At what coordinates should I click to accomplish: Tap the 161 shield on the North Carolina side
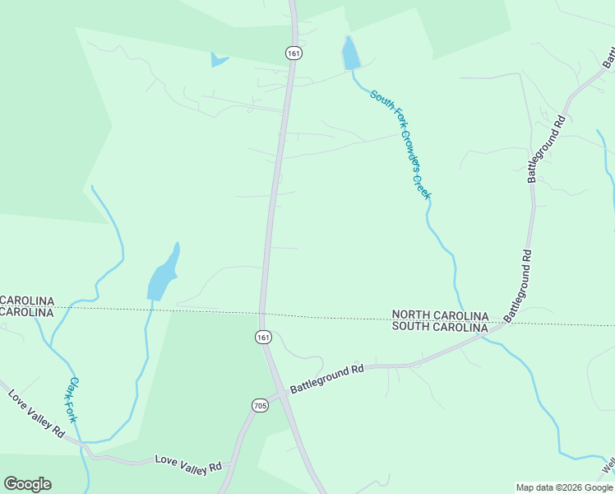pyautogui.click(x=294, y=53)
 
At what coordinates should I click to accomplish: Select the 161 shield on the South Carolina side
pyautogui.click(x=262, y=338)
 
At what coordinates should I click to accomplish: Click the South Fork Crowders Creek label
pyautogui.click(x=400, y=144)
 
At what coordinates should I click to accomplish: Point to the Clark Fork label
pyautogui.click(x=72, y=399)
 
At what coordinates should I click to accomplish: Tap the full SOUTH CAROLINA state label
pyautogui.click(x=440, y=327)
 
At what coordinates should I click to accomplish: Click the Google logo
pyautogui.click(x=27, y=484)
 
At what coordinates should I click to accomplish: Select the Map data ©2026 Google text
pyautogui.click(x=564, y=487)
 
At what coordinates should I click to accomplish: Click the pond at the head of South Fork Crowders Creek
pyautogui.click(x=351, y=54)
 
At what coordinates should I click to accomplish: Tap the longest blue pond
pyautogui.click(x=163, y=274)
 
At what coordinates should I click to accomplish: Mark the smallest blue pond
pyautogui.click(x=218, y=59)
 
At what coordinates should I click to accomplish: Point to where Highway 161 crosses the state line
pyautogui.click(x=261, y=313)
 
